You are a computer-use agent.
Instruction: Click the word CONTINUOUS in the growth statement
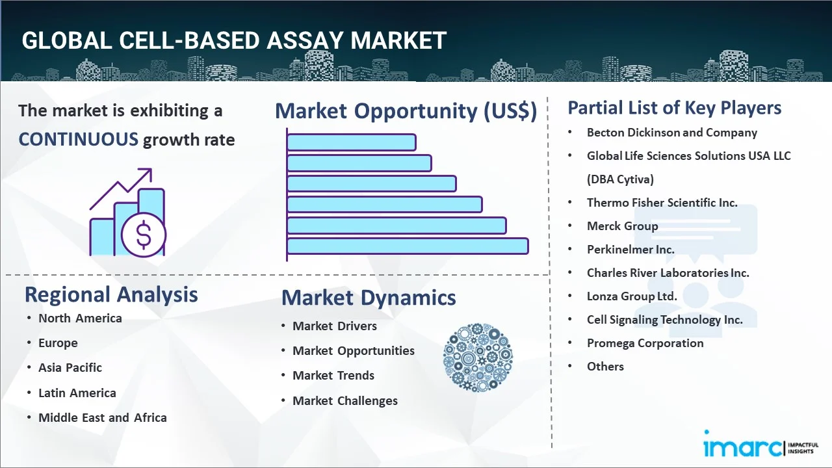tap(78, 139)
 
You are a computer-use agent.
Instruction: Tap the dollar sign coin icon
tap(144, 235)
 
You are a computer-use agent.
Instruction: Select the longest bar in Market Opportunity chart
tap(408, 246)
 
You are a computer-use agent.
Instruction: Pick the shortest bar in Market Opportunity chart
tap(351, 142)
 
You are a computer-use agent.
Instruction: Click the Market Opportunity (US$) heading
tap(406, 111)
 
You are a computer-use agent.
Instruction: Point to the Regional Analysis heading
tap(111, 294)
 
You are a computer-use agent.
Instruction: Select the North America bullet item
tap(80, 318)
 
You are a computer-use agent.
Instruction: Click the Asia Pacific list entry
tap(70, 367)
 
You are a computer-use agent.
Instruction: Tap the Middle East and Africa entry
tap(103, 417)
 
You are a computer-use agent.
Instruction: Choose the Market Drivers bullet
tap(334, 326)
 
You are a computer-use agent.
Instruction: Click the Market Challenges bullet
tap(344, 400)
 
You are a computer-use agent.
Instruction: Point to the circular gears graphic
tap(478, 357)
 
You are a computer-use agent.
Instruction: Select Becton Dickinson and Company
tap(671, 133)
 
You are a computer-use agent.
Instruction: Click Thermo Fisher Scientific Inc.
tap(662, 202)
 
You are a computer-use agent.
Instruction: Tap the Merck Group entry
tap(622, 226)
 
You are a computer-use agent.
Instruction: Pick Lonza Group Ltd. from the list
tap(632, 296)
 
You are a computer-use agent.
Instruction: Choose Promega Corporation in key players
tap(645, 343)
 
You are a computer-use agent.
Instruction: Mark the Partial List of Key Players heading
tap(674, 107)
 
